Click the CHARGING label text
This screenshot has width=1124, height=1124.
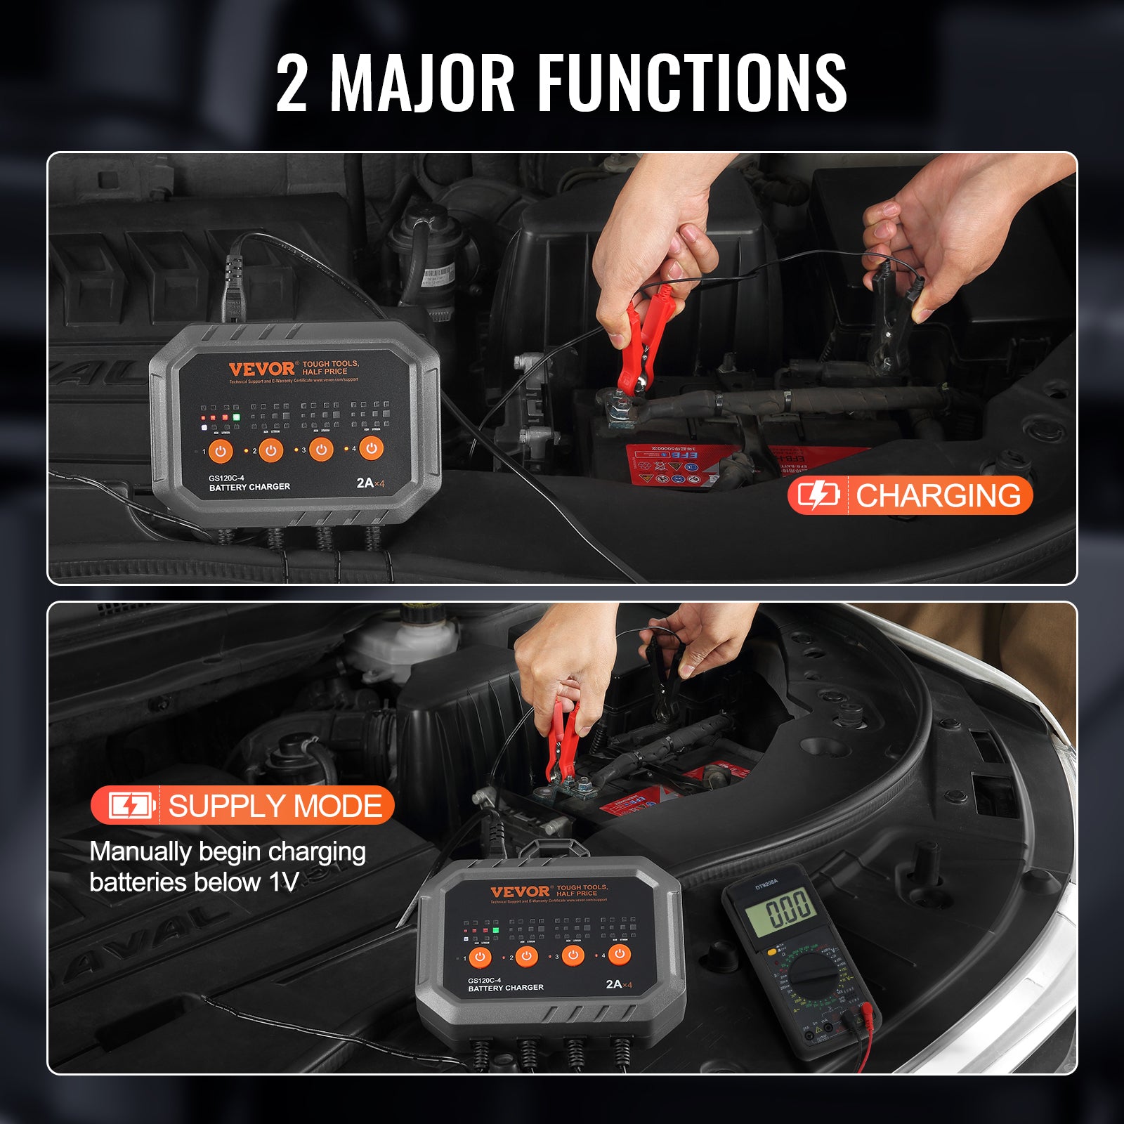938,495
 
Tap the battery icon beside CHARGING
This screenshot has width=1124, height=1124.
818,495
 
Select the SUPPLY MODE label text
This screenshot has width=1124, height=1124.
275,806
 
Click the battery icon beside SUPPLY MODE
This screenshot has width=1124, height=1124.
131,806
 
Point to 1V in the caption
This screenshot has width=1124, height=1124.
284,882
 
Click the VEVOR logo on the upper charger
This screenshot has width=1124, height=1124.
261,369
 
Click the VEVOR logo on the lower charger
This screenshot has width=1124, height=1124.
520,891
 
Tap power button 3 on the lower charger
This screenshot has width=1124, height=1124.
573,955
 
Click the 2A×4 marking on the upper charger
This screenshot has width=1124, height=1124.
370,483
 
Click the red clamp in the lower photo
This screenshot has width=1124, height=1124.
562,745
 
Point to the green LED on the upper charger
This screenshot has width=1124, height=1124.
237,417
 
